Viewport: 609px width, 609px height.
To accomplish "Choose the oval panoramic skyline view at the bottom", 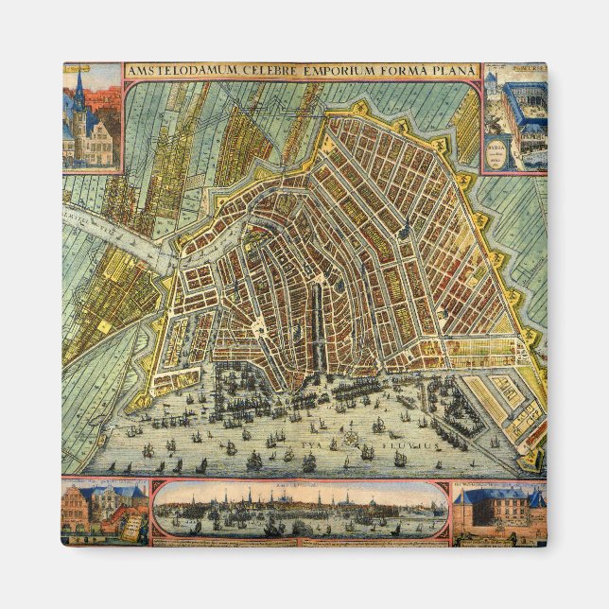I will coord(300,512).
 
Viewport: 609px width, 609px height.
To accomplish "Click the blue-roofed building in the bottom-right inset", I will coord(498,511).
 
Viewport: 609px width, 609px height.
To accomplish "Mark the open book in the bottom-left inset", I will coord(133,524).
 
